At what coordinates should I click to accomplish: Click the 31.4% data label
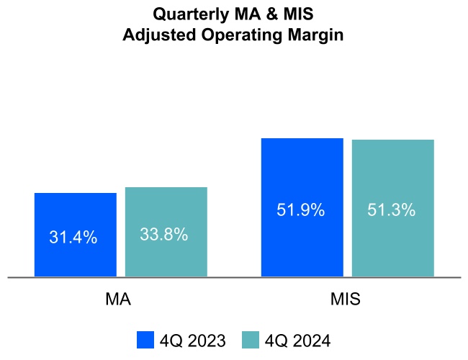(73, 237)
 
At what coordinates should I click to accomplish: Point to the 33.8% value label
(164, 234)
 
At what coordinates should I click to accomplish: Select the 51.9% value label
(301, 210)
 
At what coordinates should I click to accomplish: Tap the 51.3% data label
(392, 210)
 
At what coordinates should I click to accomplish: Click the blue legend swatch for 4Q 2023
(145, 340)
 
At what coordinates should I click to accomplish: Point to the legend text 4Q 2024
(297, 340)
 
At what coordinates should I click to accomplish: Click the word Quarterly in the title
(187, 14)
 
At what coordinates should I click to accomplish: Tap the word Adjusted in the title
(156, 35)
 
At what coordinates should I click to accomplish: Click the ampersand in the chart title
(267, 14)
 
